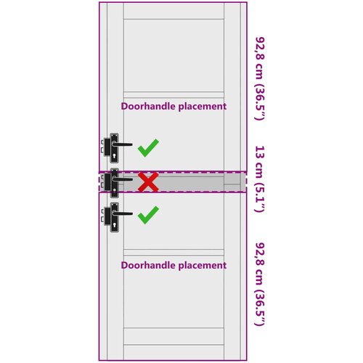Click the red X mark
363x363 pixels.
click(x=148, y=182)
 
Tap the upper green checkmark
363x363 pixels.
click(x=148, y=148)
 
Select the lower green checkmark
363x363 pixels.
click(x=148, y=215)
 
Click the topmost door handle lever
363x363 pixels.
click(x=122, y=144)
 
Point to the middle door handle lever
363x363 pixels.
click(x=122, y=179)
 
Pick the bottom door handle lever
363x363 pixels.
click(x=122, y=213)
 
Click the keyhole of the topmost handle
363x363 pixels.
click(x=115, y=155)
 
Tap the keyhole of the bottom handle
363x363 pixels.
click(x=115, y=225)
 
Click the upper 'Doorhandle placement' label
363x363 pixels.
click(x=174, y=107)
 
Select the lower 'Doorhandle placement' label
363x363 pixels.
click(x=174, y=266)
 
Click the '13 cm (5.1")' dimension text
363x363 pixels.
click(x=261, y=179)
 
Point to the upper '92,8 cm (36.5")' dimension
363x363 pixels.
click(x=261, y=78)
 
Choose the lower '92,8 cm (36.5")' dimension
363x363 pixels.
click(x=261, y=284)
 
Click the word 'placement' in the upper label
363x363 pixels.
click(x=203, y=107)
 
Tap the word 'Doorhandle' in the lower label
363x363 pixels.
click(x=149, y=265)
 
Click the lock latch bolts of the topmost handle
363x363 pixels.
click(x=102, y=147)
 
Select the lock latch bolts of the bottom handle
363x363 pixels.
click(x=102, y=216)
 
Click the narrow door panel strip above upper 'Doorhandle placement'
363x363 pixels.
click(x=174, y=94)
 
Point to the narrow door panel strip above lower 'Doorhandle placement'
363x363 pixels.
click(x=174, y=253)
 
